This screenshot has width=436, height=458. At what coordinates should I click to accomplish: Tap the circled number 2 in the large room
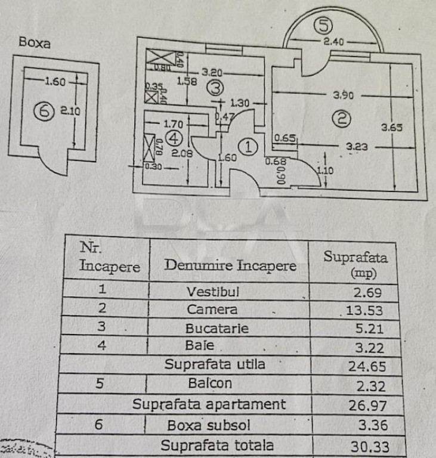click(x=341, y=119)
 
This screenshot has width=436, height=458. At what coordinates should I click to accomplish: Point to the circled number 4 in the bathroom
click(x=174, y=139)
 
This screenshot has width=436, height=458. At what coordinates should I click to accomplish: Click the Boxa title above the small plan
click(x=35, y=43)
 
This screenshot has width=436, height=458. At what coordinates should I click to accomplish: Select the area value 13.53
click(x=363, y=310)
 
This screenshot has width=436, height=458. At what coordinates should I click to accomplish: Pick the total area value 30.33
click(x=367, y=446)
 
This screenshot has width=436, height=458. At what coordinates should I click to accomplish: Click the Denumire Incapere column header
click(x=230, y=265)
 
